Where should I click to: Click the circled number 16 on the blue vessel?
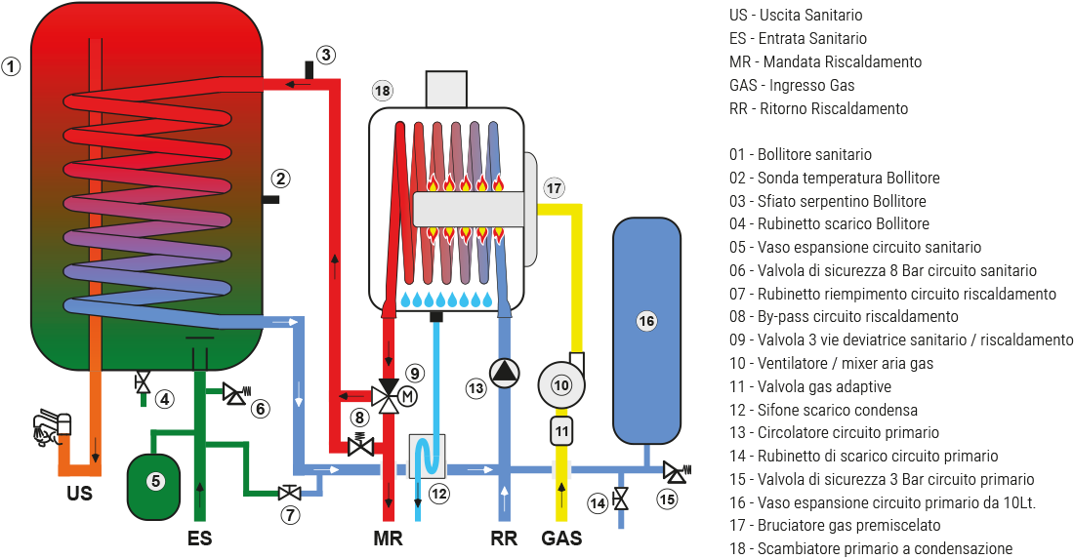[645, 320]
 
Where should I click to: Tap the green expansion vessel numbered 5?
[153, 481]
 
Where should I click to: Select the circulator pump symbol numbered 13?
[504, 374]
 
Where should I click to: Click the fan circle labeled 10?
[560, 385]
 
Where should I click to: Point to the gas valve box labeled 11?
[560, 429]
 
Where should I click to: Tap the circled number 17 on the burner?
[554, 187]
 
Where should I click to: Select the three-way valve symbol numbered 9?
[390, 396]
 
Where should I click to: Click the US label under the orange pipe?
[80, 494]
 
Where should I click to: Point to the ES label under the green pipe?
[199, 538]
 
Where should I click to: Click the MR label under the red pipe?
[388, 538]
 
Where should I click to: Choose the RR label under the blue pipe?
[504, 538]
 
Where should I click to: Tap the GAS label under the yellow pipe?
[561, 538]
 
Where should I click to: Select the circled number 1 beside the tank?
[11, 67]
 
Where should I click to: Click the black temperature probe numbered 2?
[273, 199]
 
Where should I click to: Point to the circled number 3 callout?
[325, 55]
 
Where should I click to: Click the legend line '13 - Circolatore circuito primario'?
[834, 433]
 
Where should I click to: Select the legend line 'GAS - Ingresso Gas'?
[792, 86]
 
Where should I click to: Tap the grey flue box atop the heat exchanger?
[445, 90]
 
